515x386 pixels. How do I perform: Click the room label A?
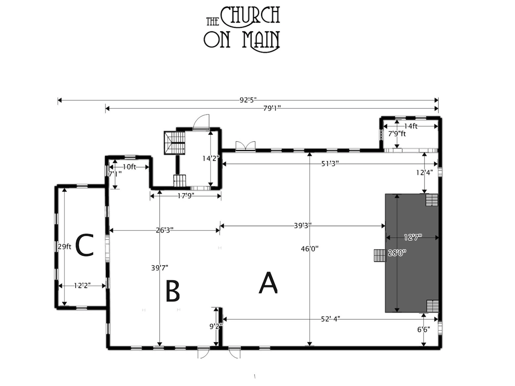[x=268, y=283]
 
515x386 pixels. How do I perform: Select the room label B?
[x=173, y=292]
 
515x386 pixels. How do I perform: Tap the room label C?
[x=84, y=246]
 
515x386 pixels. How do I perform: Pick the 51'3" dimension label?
[x=330, y=164]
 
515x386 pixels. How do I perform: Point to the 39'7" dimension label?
[x=159, y=268]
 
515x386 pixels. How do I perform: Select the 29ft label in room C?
[x=64, y=246]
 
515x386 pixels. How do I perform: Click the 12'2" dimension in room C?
[x=83, y=286]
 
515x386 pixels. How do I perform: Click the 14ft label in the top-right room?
[x=411, y=126]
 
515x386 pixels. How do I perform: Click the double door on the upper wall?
[x=245, y=147]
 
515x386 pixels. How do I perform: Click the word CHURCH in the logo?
[x=250, y=15]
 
